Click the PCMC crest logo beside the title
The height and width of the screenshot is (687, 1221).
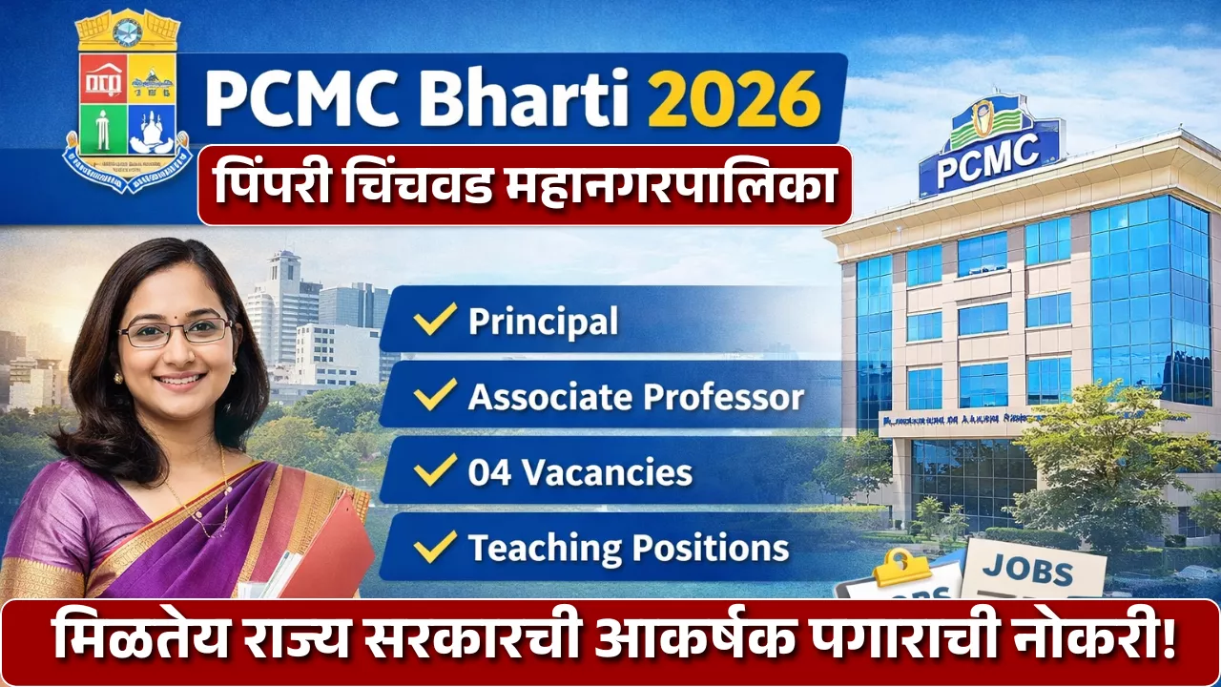click(127, 100)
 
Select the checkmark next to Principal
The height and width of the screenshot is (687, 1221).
click(435, 320)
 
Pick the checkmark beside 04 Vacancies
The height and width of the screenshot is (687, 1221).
click(435, 471)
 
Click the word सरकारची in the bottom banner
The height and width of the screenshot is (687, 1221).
click(490, 640)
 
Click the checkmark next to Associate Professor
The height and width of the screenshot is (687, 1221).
click(435, 396)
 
